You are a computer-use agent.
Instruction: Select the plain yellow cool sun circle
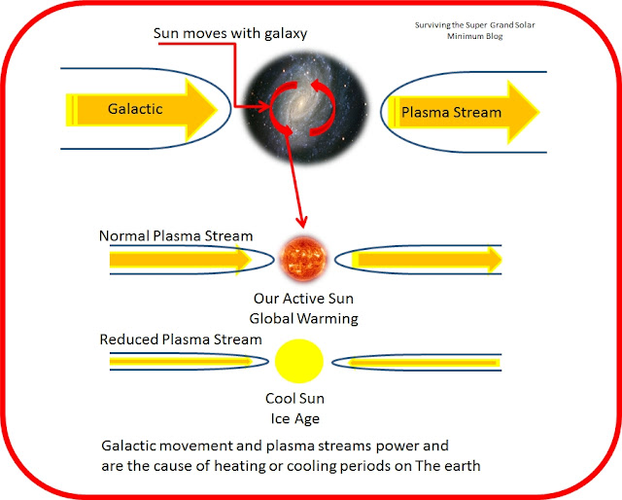pyautogui.click(x=298, y=361)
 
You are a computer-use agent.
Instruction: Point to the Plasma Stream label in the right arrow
pyautogui.click(x=452, y=112)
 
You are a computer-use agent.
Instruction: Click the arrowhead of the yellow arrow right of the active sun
pyautogui.click(x=490, y=259)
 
